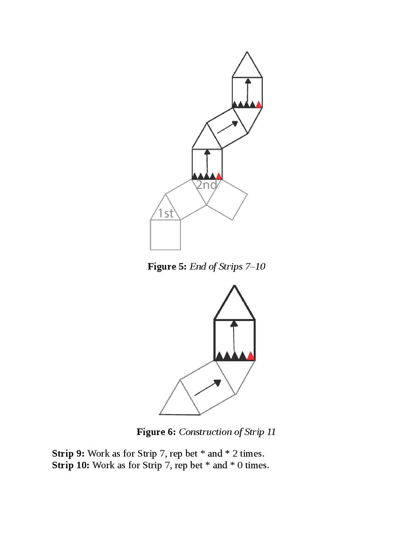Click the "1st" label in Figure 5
(166, 213)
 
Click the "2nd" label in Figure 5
(206, 185)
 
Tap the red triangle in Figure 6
(251, 356)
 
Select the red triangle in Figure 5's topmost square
(259, 104)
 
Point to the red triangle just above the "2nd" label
(219, 176)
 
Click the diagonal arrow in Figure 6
(207, 388)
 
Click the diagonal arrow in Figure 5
(227, 127)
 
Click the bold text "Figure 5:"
(167, 266)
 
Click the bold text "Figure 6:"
(156, 432)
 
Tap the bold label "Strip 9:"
(68, 453)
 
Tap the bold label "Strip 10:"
(70, 465)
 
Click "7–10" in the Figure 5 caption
(255, 266)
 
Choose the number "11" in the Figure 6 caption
(271, 432)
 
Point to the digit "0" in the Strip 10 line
(240, 465)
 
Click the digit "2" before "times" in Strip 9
(235, 453)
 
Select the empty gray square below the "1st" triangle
(165, 235)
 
